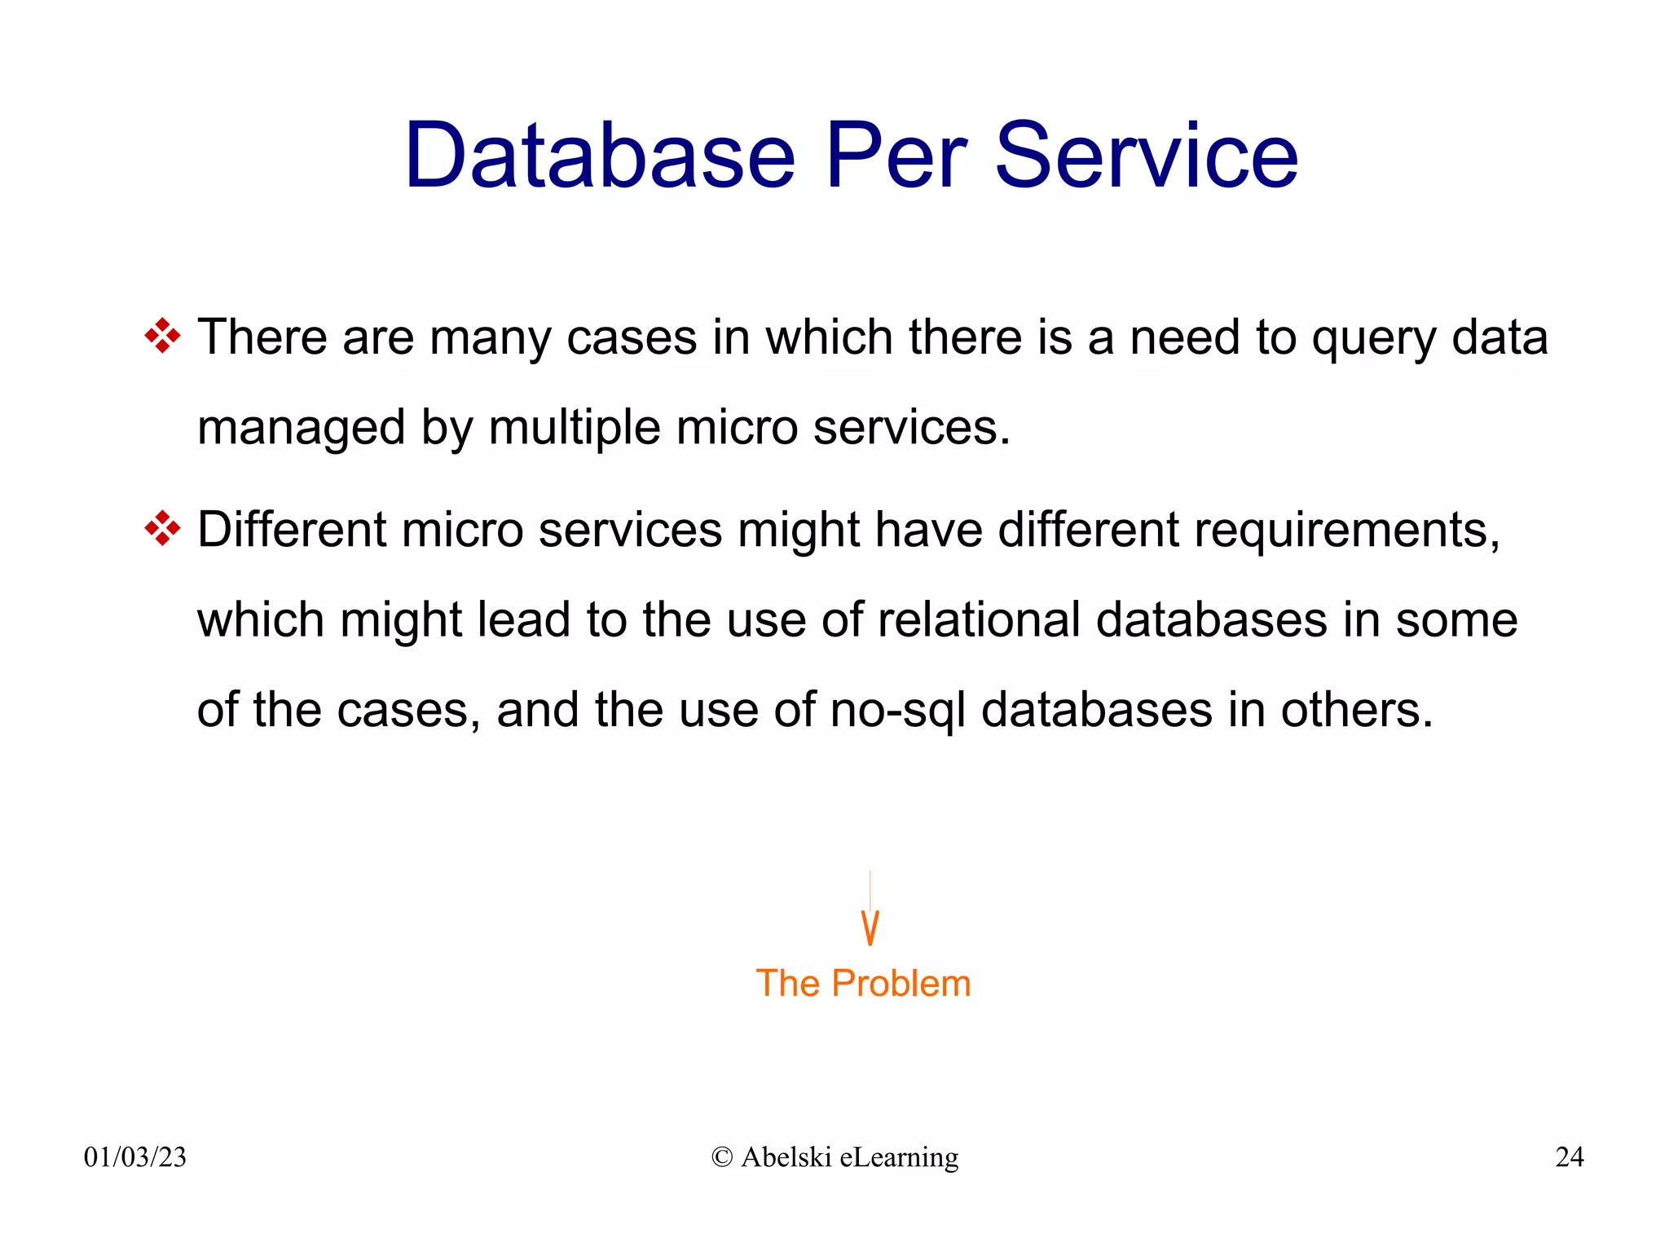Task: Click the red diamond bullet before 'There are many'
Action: pyautogui.click(x=162, y=336)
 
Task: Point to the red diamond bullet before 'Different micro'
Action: pyautogui.click(x=162, y=529)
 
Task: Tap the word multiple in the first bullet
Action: pyautogui.click(x=575, y=429)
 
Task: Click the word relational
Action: pyautogui.click(x=979, y=620)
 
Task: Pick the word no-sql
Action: pyautogui.click(x=897, y=711)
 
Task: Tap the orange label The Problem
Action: pyautogui.click(x=863, y=984)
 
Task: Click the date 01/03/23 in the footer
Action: pyautogui.click(x=135, y=1157)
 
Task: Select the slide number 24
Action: pyautogui.click(x=1569, y=1157)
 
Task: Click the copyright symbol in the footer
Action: pyautogui.click(x=721, y=1157)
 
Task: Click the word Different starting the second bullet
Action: pyautogui.click(x=292, y=530)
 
